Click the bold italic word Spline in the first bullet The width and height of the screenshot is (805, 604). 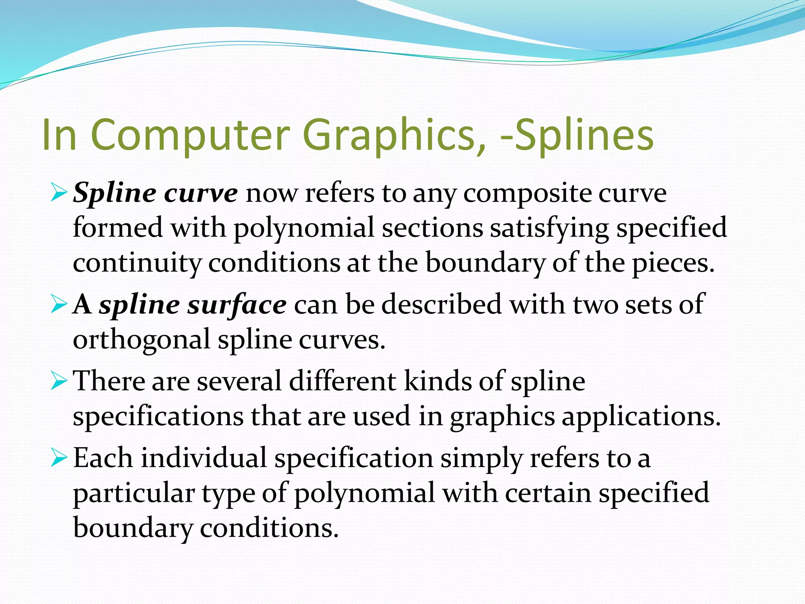click(x=114, y=193)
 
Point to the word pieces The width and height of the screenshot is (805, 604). click(x=673, y=263)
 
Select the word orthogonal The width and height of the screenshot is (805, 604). click(x=142, y=339)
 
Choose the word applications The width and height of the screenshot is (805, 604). click(x=641, y=416)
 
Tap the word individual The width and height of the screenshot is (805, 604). click(x=204, y=458)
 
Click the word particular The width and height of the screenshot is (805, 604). click(x=134, y=493)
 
